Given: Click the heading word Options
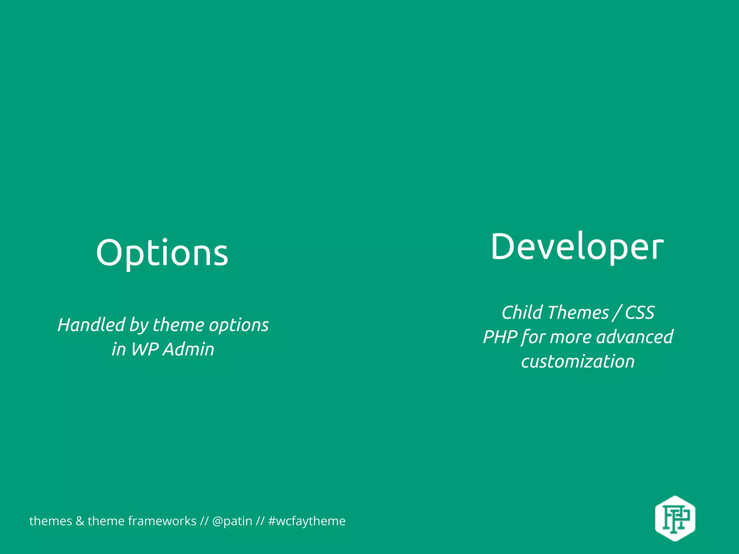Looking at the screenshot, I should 162,253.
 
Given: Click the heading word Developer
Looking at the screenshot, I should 577,247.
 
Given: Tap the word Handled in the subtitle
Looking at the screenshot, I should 91,325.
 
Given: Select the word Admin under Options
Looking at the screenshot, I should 188,349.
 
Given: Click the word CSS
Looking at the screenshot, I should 639,312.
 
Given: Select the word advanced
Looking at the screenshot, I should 635,337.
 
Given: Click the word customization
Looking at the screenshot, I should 578,361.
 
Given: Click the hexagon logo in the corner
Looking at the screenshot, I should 675,518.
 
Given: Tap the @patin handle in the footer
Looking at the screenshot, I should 232,521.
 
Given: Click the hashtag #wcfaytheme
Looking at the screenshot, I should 307,521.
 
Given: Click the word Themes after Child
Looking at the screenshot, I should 578,312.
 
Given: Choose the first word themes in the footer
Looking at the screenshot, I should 51,521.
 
